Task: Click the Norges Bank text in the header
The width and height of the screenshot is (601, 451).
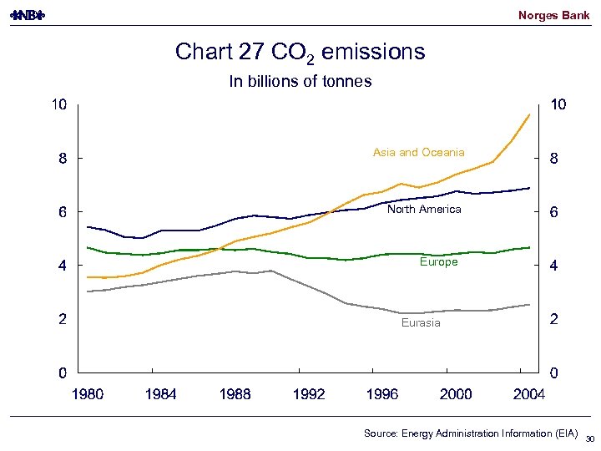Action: point(553,15)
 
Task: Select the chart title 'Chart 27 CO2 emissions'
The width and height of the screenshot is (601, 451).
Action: point(300,53)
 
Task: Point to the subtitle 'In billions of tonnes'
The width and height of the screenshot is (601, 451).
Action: point(300,81)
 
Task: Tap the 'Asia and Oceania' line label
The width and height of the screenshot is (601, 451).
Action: point(418,152)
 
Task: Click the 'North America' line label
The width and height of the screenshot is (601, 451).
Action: point(423,209)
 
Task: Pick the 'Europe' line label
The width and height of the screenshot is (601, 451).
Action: point(438,261)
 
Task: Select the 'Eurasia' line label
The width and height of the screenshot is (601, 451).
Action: point(421,322)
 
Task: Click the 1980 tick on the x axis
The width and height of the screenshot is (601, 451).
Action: point(88,394)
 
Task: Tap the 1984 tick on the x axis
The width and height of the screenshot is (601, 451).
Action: point(160,394)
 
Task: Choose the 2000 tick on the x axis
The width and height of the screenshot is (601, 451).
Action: point(455,394)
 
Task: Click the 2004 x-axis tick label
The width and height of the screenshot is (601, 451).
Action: point(528,394)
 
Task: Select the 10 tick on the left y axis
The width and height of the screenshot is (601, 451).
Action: point(58,105)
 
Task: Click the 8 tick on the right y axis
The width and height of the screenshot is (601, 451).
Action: point(553,159)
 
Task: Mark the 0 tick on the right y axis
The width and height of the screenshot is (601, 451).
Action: point(553,372)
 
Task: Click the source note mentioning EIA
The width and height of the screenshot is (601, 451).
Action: point(470,433)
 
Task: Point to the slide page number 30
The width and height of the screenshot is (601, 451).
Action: point(589,438)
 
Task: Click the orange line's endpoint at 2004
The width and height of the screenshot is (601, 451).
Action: point(529,114)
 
